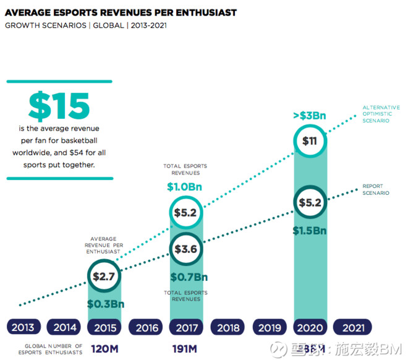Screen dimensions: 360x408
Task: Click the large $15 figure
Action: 59,106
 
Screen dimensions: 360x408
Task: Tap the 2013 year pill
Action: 23,327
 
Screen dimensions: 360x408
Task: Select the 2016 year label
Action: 147,327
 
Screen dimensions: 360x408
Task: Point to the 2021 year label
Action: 352,327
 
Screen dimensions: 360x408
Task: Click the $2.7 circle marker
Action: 104,276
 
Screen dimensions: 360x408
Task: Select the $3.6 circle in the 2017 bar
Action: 186,249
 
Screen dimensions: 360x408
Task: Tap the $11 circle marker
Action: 310,140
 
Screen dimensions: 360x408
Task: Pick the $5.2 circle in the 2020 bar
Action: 310,202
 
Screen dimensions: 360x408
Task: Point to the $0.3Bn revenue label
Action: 105,304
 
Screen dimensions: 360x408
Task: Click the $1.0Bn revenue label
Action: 185,186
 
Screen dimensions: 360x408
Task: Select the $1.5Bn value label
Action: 310,231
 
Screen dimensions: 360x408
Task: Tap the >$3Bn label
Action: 310,115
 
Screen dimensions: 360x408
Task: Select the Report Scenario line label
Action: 376,189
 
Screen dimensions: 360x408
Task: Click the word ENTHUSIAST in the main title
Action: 198,12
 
